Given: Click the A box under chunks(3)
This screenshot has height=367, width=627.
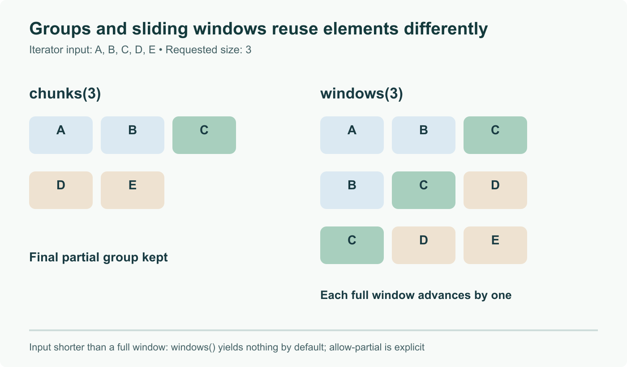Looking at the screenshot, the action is [61, 135].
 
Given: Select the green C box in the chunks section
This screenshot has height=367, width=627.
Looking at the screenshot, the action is [204, 135].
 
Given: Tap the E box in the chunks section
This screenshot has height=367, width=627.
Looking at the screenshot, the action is [133, 190].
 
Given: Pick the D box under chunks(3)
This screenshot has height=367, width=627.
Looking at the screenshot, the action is [61, 190].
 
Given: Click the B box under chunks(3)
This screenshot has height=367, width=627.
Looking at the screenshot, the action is [133, 135].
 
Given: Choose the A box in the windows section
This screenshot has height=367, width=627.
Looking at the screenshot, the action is [352, 135].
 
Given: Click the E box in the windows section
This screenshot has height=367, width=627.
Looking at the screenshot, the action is [495, 245].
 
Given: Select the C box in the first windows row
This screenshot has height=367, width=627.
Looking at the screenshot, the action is [495, 135].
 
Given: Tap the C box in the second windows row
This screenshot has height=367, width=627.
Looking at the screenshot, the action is [424, 190].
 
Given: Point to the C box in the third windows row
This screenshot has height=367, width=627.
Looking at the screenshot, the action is [352, 245].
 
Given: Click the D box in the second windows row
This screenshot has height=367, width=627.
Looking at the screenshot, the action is [495, 190].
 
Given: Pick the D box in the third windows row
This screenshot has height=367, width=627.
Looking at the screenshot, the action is [424, 245].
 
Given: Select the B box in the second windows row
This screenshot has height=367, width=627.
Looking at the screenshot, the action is [352, 190].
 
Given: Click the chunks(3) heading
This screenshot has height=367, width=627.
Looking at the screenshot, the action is [65, 94].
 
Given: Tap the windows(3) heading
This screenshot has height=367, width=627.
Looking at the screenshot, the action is [362, 94].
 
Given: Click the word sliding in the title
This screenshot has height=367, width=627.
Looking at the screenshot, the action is [160, 29].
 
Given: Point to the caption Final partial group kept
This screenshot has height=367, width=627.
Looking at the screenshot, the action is [99, 257].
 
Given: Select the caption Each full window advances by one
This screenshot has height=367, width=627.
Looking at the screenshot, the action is [416, 295].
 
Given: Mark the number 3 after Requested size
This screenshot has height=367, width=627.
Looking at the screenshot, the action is [249, 50].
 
